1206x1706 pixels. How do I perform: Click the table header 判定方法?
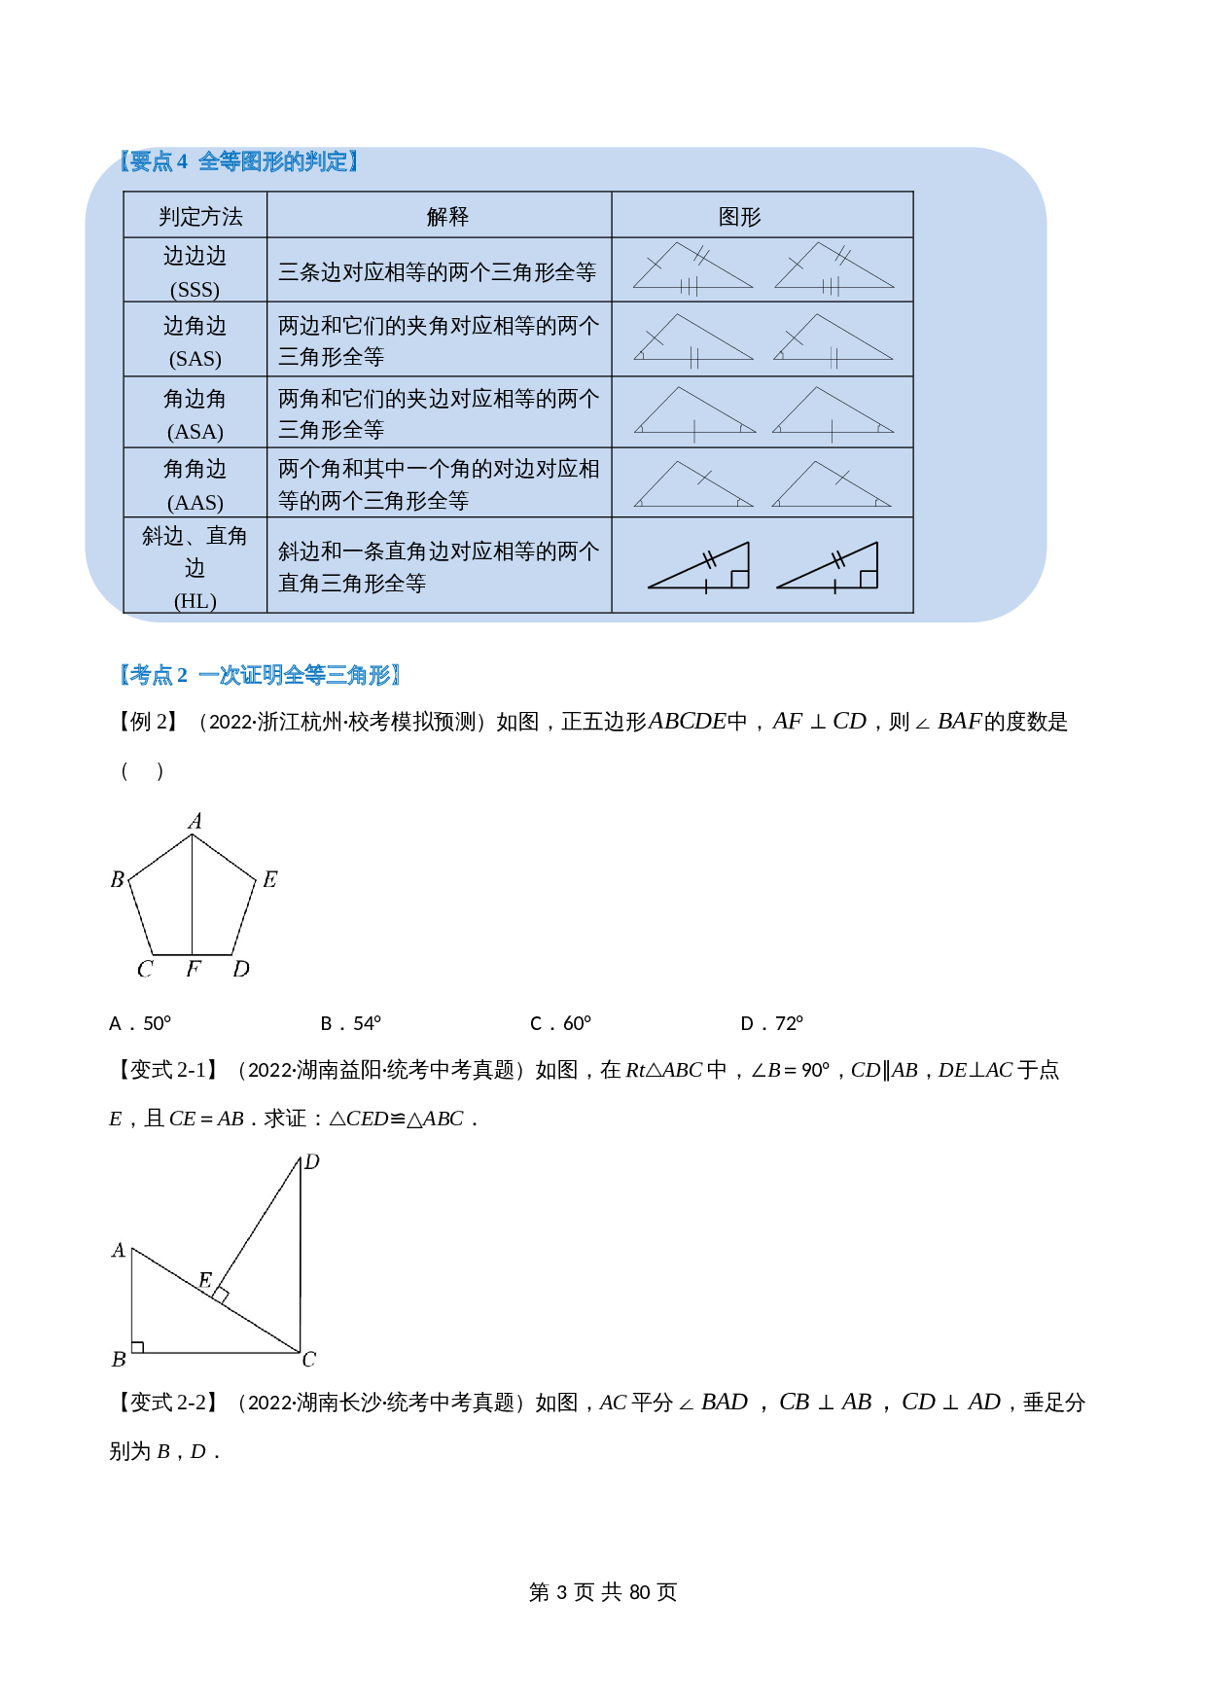pyautogui.click(x=200, y=216)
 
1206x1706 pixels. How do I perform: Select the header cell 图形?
pyautogui.click(x=739, y=216)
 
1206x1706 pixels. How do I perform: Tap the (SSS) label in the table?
pyautogui.click(x=195, y=290)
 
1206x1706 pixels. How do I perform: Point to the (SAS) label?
pyautogui.click(x=195, y=359)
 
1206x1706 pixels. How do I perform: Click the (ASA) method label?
pyautogui.click(x=195, y=432)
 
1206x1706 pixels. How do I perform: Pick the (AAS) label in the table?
pyautogui.click(x=195, y=503)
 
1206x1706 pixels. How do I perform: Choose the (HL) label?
pyautogui.click(x=195, y=601)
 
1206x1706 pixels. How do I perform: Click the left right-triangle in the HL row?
pyautogui.click(x=699, y=566)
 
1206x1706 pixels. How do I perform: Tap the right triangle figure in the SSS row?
pyautogui.click(x=834, y=267)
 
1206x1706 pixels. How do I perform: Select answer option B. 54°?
pyautogui.click(x=350, y=1023)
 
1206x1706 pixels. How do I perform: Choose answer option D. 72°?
pyautogui.click(x=771, y=1023)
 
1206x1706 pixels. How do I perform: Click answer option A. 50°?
pyautogui.click(x=140, y=1023)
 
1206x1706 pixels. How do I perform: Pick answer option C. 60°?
pyautogui.click(x=560, y=1023)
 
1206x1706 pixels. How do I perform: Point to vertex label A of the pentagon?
pyautogui.click(x=195, y=822)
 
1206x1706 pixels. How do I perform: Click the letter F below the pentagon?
pyautogui.click(x=193, y=969)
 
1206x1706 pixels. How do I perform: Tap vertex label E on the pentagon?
pyautogui.click(x=269, y=880)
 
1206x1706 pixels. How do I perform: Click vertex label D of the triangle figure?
pyautogui.click(x=311, y=1162)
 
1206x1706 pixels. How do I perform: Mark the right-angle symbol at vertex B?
pyautogui.click(x=138, y=1347)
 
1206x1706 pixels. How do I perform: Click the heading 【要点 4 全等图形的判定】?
pyautogui.click(x=238, y=161)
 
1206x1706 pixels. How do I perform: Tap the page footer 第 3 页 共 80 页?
pyautogui.click(x=602, y=1592)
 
